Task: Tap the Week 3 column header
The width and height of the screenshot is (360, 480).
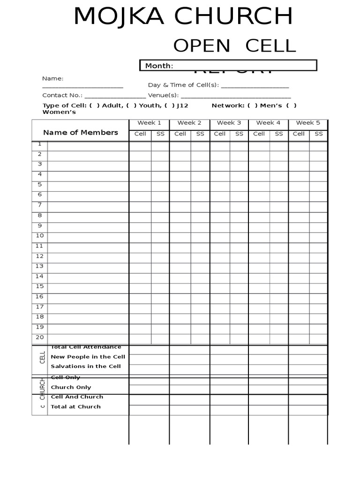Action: tap(229, 123)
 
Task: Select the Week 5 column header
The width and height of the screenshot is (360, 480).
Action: tap(308, 123)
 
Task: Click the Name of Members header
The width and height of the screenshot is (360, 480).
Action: tap(81, 133)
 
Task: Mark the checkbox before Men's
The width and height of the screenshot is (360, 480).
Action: tap(253, 106)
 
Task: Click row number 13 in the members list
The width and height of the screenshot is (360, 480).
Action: tap(40, 266)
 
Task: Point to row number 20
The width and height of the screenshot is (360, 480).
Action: tap(40, 337)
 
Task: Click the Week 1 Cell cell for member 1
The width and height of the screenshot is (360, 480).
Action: tap(140, 145)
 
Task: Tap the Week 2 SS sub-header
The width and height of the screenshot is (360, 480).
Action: tap(200, 134)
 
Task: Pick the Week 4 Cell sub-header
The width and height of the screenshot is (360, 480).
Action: tap(259, 134)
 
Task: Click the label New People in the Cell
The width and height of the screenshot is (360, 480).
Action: tap(88, 357)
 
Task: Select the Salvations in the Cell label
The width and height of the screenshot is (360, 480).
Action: tap(86, 367)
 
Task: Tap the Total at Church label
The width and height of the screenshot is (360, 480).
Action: tap(75, 407)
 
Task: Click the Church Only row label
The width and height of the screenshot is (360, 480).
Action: tap(71, 388)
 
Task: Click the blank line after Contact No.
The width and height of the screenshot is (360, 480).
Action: tap(115, 96)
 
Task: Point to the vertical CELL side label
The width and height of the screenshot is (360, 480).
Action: tap(43, 357)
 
